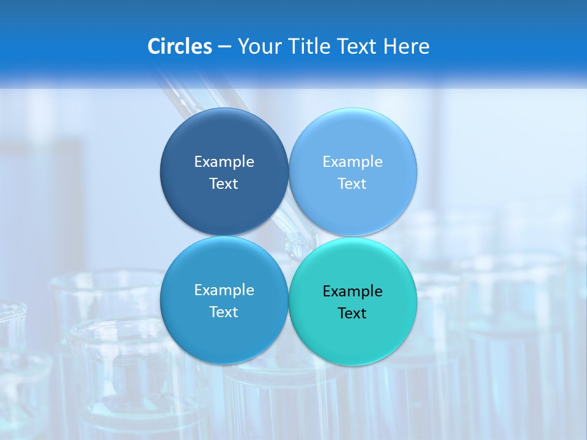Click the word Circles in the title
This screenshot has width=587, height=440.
[x=179, y=46]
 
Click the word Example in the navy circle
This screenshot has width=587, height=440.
[x=224, y=161]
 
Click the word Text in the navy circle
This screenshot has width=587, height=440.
[x=224, y=183]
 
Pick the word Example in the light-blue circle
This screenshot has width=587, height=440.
[x=353, y=161]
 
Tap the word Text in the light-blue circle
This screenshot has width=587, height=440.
[x=353, y=183]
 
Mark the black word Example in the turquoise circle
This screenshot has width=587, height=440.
[x=353, y=291]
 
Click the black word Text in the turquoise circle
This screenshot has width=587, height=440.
[x=353, y=313]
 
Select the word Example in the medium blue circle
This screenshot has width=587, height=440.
[x=224, y=290]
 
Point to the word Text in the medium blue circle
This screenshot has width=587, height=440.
[x=224, y=312]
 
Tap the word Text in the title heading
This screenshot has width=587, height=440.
[x=358, y=46]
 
